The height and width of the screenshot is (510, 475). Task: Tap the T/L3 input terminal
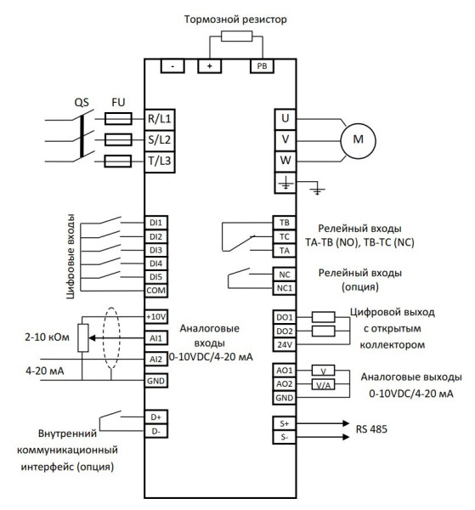pyautogui.click(x=161, y=161)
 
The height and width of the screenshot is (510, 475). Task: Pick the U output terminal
pyautogui.click(x=286, y=118)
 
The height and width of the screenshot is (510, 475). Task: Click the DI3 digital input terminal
pyautogui.click(x=155, y=250)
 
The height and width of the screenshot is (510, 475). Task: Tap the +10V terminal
pyautogui.click(x=155, y=317)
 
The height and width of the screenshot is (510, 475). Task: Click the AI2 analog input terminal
pyautogui.click(x=155, y=359)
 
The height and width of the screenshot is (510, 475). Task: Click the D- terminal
pyautogui.click(x=155, y=432)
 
